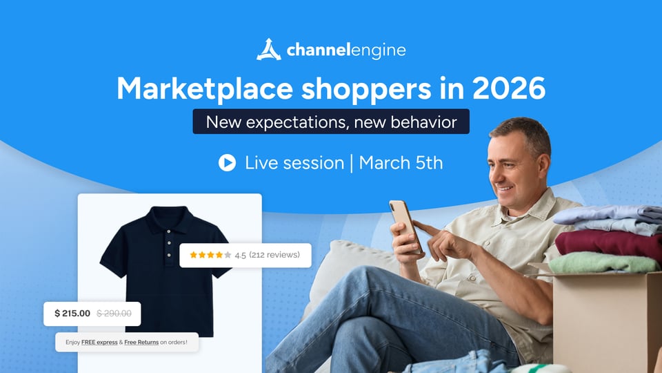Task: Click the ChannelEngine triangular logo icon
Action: tap(268, 50)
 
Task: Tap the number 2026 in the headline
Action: tap(509, 88)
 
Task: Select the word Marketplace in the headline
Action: tap(205, 89)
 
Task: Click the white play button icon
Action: tap(227, 163)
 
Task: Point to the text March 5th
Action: tap(401, 163)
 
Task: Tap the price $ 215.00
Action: tap(72, 314)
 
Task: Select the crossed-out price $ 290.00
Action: tap(114, 314)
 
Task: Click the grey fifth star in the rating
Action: tap(228, 255)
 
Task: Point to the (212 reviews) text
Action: tap(274, 255)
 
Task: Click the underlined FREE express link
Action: tap(99, 342)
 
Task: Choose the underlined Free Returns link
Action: tap(141, 342)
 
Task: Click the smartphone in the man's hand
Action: tap(405, 226)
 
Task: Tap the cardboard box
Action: tap(607, 321)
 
